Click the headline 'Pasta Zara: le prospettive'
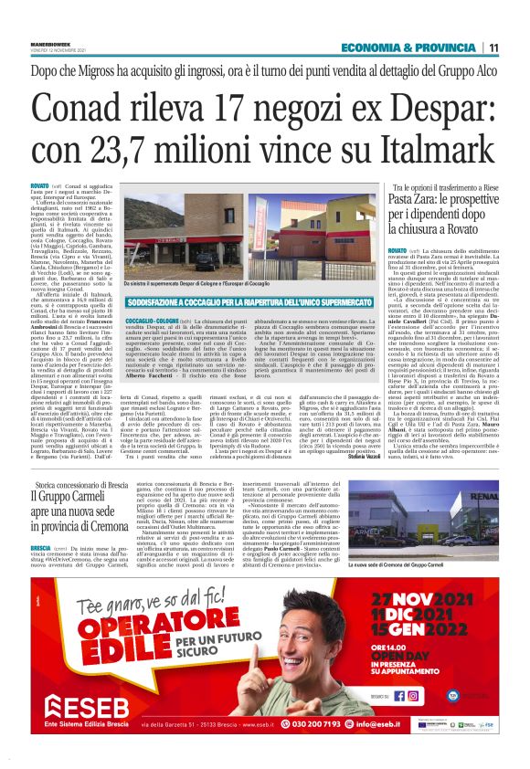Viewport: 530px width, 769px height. point(451,204)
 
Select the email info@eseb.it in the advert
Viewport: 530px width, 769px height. point(456,725)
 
